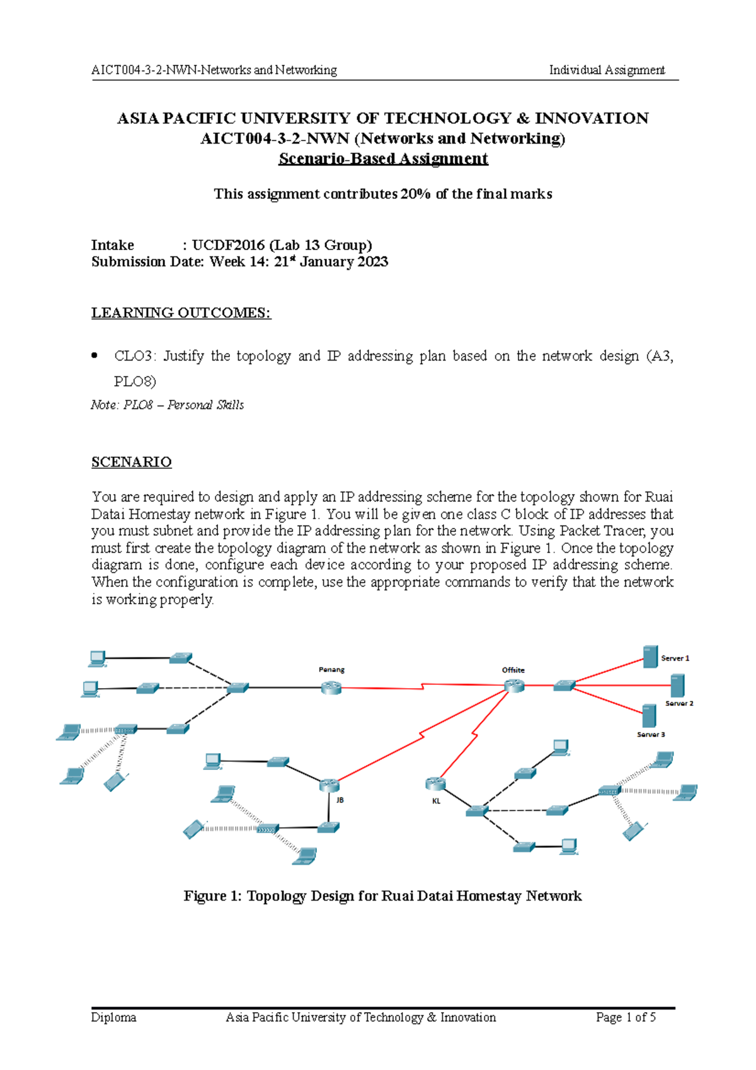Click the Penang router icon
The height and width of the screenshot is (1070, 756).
(x=331, y=687)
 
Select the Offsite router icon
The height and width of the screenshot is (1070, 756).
(x=514, y=686)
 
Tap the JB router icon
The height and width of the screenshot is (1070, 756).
(x=329, y=785)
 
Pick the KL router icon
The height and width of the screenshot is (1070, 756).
(x=435, y=783)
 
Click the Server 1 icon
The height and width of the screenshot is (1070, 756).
(x=650, y=657)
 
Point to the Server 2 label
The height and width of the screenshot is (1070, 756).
(x=679, y=703)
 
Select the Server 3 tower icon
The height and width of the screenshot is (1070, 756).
(x=649, y=716)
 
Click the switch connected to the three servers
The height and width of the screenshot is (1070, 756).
(x=564, y=686)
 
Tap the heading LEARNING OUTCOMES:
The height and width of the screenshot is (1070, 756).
(x=181, y=313)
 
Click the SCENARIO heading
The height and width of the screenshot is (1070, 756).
(x=131, y=462)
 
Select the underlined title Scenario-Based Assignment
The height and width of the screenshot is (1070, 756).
(x=383, y=159)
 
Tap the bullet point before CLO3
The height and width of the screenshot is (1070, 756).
(x=95, y=356)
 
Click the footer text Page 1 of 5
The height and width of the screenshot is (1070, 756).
(x=626, y=1017)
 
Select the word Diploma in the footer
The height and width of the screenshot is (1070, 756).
(x=113, y=1017)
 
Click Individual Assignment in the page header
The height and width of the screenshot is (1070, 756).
(x=607, y=70)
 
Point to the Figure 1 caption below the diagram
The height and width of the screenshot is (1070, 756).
(x=382, y=896)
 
